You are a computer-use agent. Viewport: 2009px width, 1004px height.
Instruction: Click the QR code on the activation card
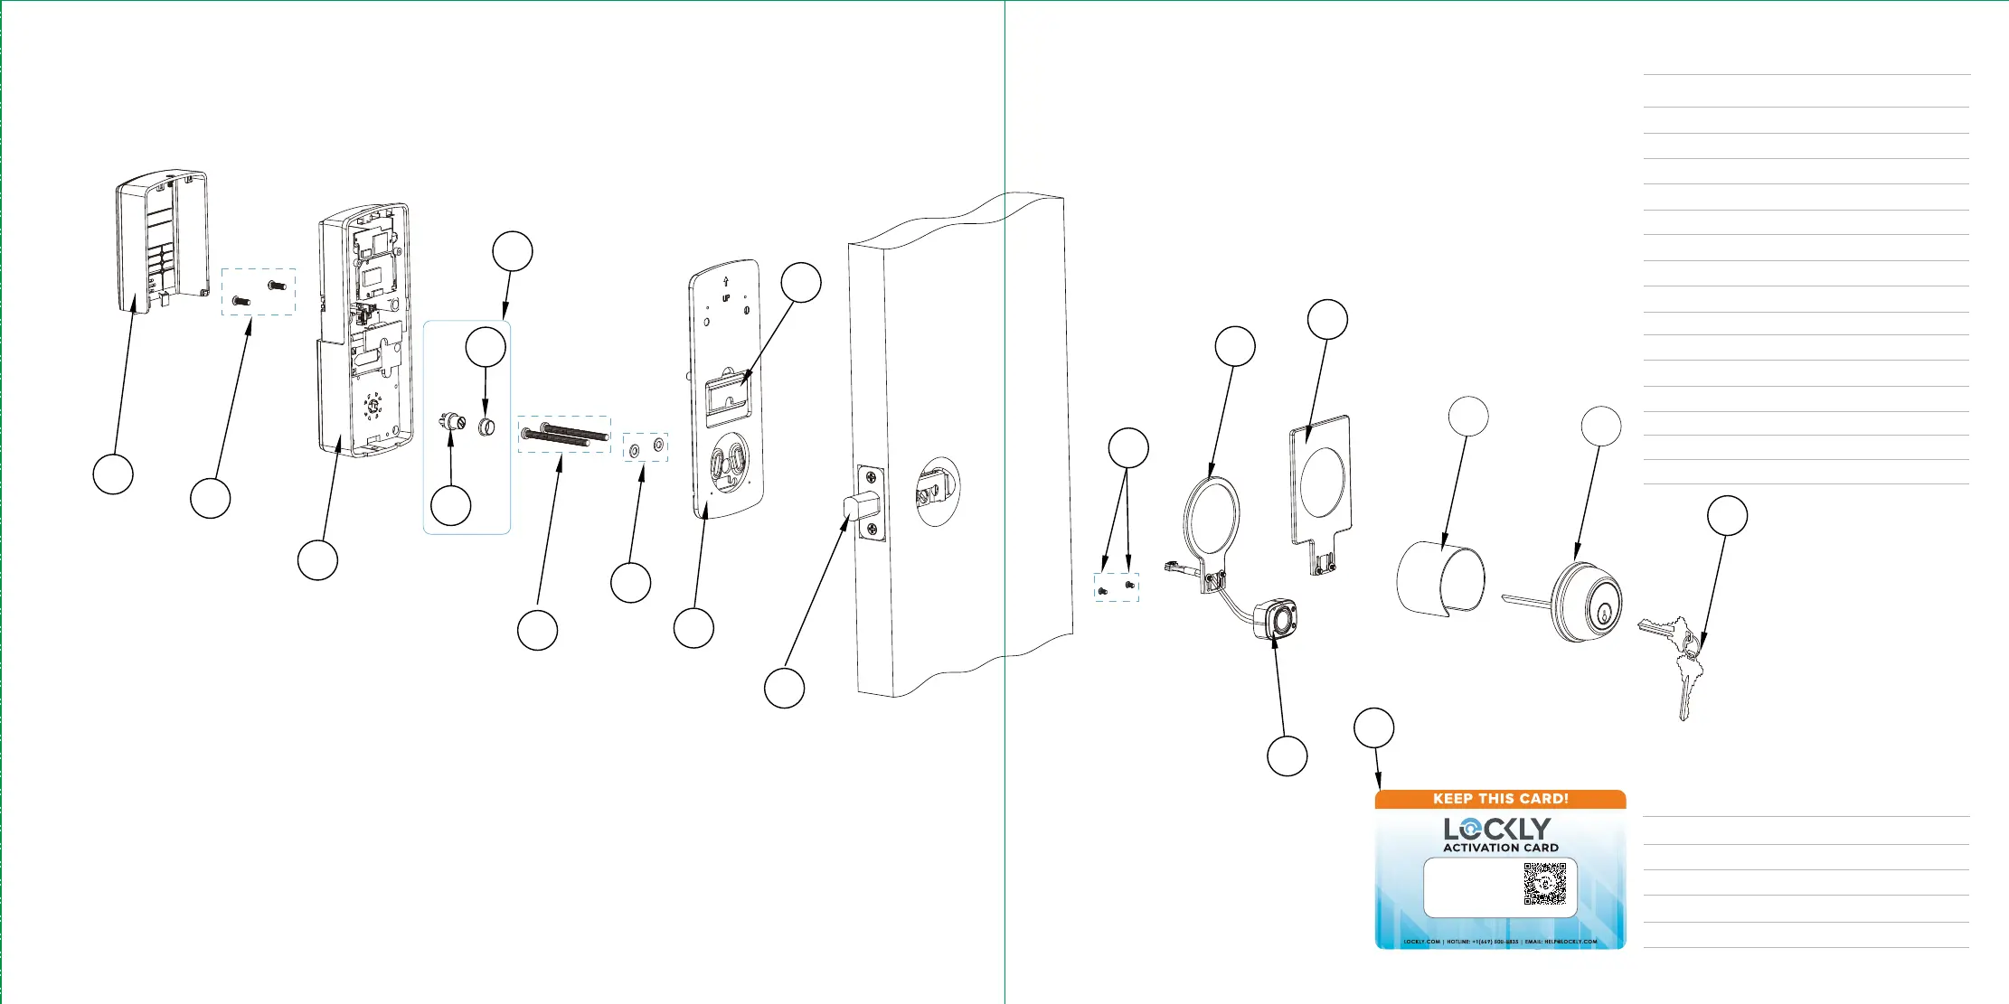pyautogui.click(x=1544, y=883)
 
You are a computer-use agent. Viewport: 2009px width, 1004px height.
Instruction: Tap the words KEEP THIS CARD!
pyautogui.click(x=1500, y=799)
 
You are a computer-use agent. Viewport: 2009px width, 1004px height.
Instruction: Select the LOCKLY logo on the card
pyautogui.click(x=1497, y=829)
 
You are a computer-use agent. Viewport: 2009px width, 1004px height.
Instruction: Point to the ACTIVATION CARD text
pyautogui.click(x=1500, y=848)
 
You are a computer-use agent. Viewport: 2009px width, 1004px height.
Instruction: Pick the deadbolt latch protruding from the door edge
pyautogui.click(x=860, y=506)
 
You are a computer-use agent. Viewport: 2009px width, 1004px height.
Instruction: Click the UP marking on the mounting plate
pyautogui.click(x=725, y=298)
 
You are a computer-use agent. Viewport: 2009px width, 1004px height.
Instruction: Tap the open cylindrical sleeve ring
pyautogui.click(x=1440, y=577)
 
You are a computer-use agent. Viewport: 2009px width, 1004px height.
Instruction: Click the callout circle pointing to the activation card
pyautogui.click(x=1373, y=728)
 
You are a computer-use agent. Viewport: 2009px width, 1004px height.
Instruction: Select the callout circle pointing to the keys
pyautogui.click(x=1726, y=516)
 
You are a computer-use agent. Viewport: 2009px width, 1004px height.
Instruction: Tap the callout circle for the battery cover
pyautogui.click(x=113, y=474)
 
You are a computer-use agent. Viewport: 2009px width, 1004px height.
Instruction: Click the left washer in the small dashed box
pyautogui.click(x=633, y=448)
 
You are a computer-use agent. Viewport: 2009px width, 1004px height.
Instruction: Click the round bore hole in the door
pyautogui.click(x=938, y=491)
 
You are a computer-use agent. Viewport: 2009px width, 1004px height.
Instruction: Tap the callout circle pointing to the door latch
pyautogui.click(x=784, y=689)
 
